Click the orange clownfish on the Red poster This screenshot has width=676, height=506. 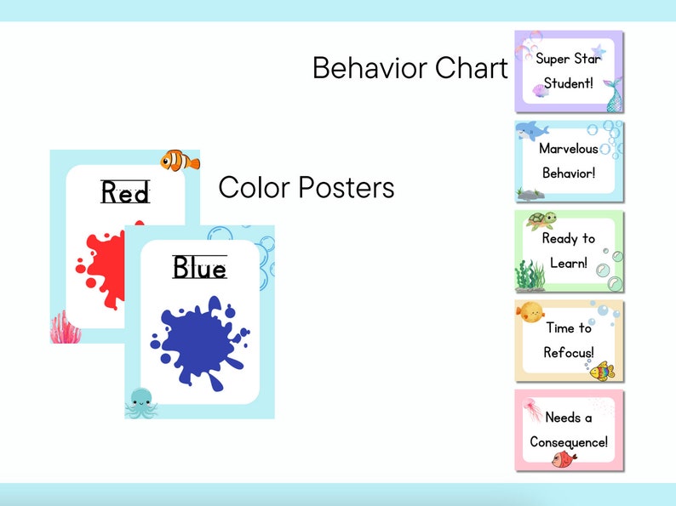pos(180,159)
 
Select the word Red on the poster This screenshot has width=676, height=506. pos(125,194)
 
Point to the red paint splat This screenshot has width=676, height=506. pos(100,259)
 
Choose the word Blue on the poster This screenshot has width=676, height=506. pos(199,268)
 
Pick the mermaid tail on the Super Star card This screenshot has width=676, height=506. pos(614,94)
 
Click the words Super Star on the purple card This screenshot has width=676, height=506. pos(568,59)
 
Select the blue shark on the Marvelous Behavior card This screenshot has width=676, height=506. pos(531,130)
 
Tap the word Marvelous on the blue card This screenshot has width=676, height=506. pos(569,149)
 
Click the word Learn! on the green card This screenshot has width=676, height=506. pos(569,263)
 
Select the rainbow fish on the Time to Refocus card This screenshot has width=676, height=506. pos(602,370)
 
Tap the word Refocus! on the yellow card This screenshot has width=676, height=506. pos(569,352)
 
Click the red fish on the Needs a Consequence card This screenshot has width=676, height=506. pos(564,459)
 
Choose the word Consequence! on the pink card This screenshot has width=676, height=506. pos(569,442)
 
